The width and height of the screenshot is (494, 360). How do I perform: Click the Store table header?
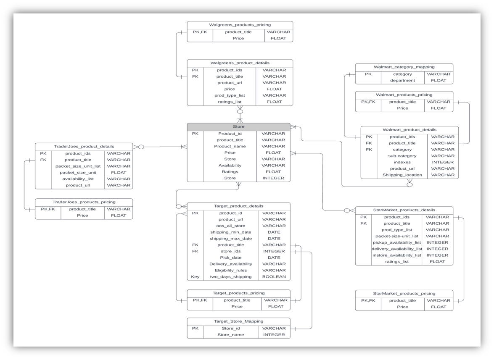coord(238,126)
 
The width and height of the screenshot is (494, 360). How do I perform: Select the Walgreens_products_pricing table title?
coord(240,25)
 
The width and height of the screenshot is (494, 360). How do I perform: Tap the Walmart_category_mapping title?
coord(404,67)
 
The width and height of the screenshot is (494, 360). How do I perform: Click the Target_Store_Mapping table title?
coord(238,321)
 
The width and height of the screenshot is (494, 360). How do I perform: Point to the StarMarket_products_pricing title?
coord(404,293)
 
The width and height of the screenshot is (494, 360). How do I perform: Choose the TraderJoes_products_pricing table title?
coord(84,202)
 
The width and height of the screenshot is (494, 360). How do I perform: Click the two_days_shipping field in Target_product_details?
coord(230,277)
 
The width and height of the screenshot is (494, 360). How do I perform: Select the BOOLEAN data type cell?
coord(274,277)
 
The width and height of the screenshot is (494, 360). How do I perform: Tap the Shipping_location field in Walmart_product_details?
coord(402,175)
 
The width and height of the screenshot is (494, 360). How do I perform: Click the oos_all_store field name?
coord(230,226)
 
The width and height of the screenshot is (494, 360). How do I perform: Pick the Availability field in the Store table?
coord(230,166)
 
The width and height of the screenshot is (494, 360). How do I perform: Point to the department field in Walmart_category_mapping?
coord(402,81)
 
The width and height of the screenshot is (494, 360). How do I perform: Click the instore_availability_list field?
coord(397,255)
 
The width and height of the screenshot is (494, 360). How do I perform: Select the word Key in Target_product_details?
coord(195,277)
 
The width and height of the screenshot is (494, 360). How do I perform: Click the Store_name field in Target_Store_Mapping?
coord(230,335)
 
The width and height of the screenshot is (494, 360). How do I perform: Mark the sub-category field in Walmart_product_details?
coord(402,156)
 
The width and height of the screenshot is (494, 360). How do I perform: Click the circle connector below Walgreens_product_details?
coord(240,112)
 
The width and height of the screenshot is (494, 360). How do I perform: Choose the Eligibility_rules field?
coord(230,271)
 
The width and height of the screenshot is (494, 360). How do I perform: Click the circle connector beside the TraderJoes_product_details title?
coord(141,147)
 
